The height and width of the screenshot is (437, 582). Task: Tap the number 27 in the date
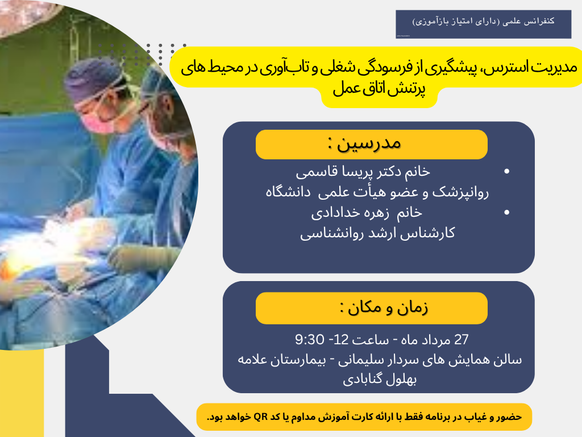pos(462,340)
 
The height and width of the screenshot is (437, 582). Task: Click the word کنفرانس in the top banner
pos(538,20)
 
